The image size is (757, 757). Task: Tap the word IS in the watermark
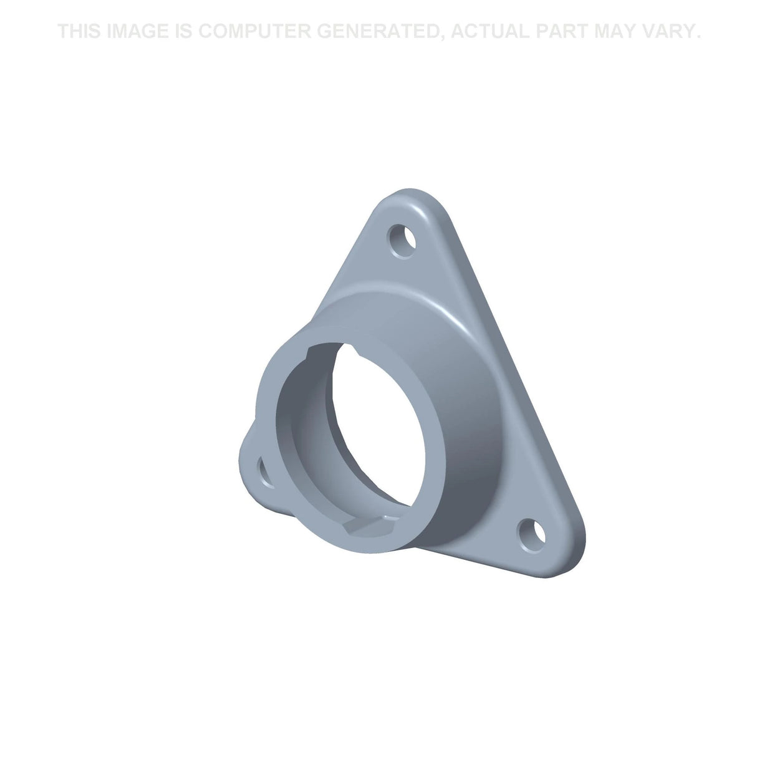183,31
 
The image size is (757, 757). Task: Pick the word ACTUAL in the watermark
490,31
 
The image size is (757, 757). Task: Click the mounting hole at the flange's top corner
401,241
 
